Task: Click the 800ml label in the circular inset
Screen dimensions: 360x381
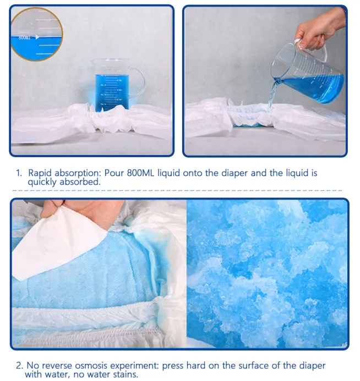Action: [x=25, y=37]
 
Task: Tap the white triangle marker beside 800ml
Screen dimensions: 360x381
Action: [x=37, y=37]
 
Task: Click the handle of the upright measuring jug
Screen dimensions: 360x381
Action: [x=138, y=82]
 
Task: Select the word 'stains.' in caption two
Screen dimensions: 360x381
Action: [x=126, y=374]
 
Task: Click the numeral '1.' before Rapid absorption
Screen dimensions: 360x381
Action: [x=19, y=173]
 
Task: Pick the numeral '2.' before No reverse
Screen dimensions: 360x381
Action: [x=20, y=366]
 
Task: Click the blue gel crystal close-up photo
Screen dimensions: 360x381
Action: [x=267, y=274]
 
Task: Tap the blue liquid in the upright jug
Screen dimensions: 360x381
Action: [x=112, y=92]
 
